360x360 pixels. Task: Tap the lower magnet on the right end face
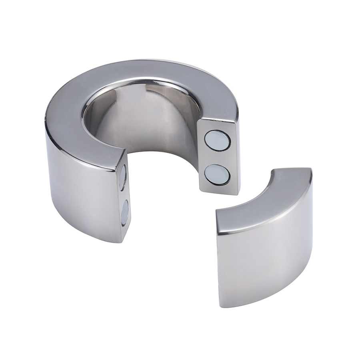coord(217,174)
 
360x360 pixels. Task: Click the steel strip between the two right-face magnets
coord(217,158)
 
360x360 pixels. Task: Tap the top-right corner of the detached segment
coord(310,170)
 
